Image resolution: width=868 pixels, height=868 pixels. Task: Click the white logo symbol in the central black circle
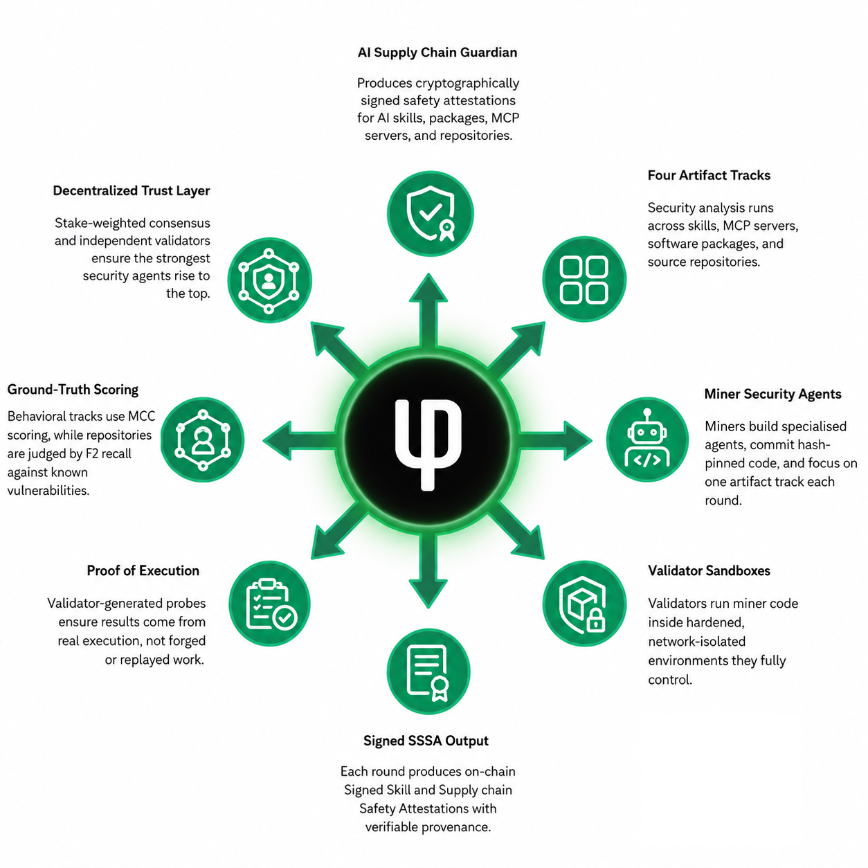pos(428,444)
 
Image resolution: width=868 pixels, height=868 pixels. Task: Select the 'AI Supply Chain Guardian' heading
pos(437,53)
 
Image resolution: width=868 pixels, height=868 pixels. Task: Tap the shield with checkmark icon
pos(430,213)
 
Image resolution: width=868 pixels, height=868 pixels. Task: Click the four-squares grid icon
pos(584,279)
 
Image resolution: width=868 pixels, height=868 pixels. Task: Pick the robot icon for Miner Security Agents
pos(647,439)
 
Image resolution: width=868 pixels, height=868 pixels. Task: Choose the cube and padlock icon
pos(584,604)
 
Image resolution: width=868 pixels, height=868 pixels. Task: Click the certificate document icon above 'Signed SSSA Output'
pos(428,671)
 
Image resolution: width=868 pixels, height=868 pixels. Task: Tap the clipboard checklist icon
pos(270,604)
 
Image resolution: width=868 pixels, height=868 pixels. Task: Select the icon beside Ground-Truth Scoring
pos(203,440)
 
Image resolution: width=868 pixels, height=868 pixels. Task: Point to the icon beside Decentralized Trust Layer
pos(269,280)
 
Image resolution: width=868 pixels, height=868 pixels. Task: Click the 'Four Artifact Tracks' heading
pos(709,175)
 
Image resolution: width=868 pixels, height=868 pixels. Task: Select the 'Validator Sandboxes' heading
pos(709,571)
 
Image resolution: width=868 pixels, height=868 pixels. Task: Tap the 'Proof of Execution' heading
pos(143,571)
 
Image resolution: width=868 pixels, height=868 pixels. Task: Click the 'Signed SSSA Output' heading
pos(426,741)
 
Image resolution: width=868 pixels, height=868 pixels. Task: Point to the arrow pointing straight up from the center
pos(428,310)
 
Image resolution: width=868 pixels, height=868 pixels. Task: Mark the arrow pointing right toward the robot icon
pos(555,440)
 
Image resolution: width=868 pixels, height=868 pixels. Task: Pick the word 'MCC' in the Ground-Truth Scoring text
pos(142,416)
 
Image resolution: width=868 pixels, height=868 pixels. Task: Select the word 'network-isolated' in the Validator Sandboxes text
pos(697,642)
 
